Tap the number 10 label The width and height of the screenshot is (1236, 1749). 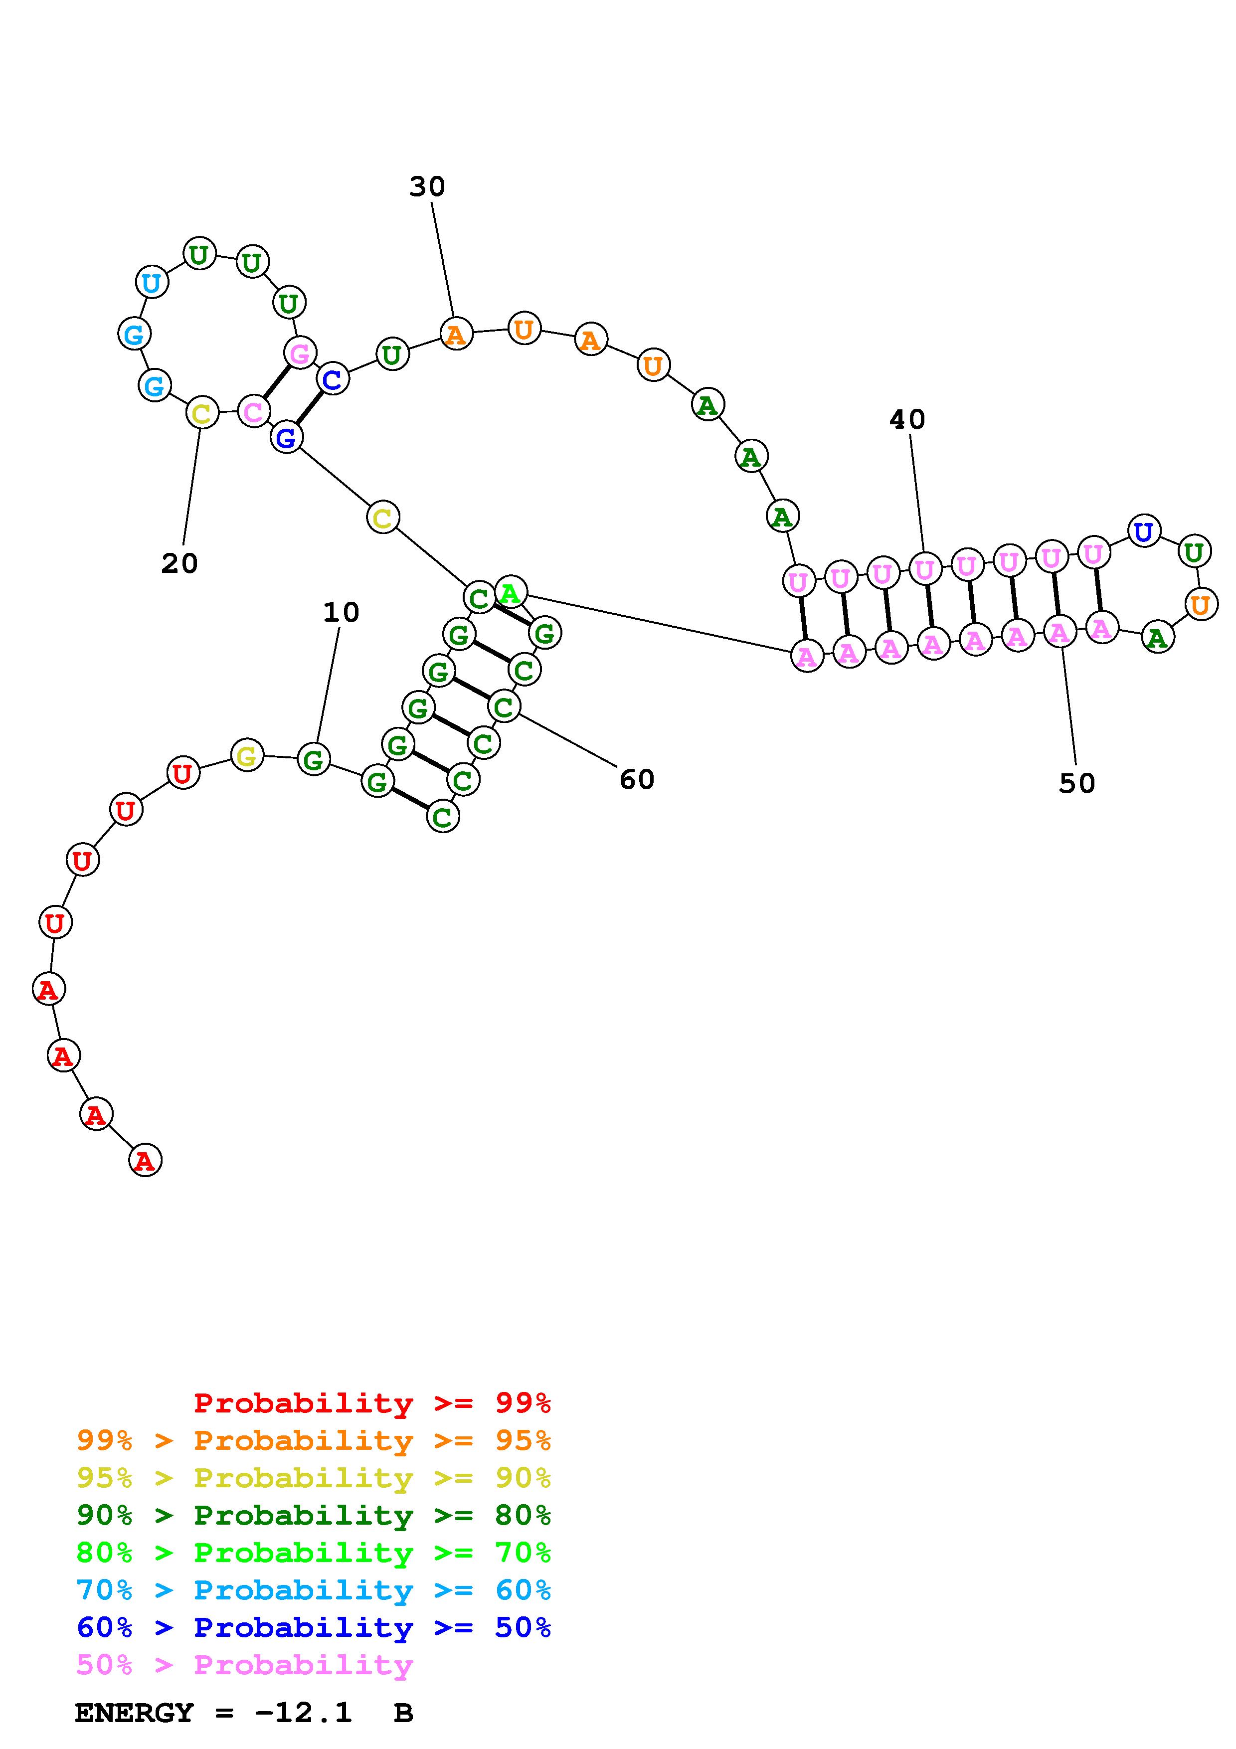(x=341, y=612)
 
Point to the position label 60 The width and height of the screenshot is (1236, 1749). (x=637, y=779)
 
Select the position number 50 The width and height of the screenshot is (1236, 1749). (x=1077, y=783)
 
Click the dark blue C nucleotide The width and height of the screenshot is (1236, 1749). (x=333, y=378)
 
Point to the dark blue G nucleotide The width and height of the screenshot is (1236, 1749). (x=286, y=437)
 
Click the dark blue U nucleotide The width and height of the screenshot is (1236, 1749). (x=1143, y=531)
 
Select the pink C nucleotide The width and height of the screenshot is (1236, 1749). (x=253, y=411)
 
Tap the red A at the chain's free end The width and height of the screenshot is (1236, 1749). (x=145, y=1160)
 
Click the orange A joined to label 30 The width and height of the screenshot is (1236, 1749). (x=455, y=334)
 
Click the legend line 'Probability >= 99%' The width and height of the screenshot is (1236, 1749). (x=371, y=1402)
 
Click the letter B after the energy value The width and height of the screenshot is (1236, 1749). (x=403, y=1713)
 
